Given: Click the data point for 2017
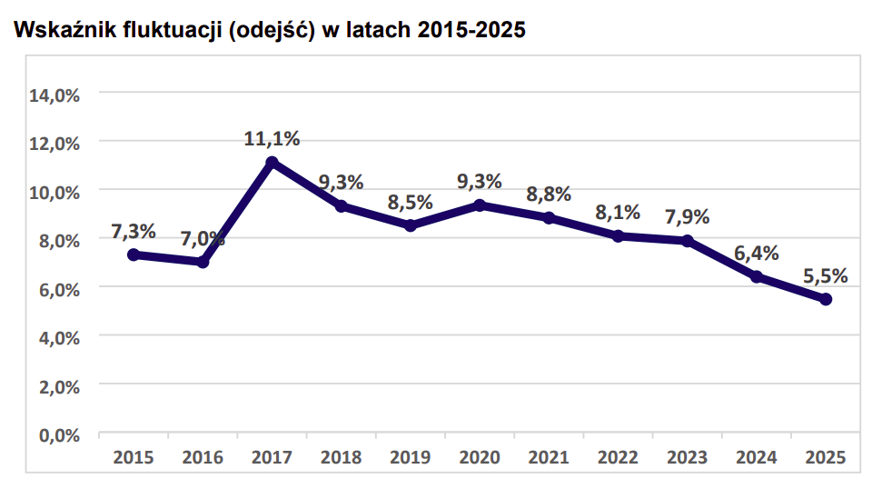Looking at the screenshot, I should click(x=272, y=163).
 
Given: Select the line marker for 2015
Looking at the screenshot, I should click(x=134, y=254).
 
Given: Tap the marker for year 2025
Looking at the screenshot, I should click(x=826, y=299).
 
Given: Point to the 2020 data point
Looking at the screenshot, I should click(x=480, y=205).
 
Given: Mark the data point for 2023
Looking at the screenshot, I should click(x=688, y=241).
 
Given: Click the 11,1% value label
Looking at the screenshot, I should click(x=272, y=139).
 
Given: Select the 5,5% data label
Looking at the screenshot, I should click(x=826, y=275).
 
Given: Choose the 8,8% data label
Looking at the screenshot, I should click(x=549, y=194).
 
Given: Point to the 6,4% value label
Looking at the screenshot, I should click(x=757, y=254).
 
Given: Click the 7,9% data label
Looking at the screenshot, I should click(x=688, y=217).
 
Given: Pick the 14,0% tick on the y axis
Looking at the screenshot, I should click(x=55, y=95).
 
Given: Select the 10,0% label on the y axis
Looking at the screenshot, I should click(x=55, y=192).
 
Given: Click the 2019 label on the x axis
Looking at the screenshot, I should click(x=411, y=457).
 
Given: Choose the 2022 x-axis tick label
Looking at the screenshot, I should click(x=618, y=457).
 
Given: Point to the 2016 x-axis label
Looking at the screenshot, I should click(x=203, y=457).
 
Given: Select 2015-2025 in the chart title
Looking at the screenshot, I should click(x=471, y=30).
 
